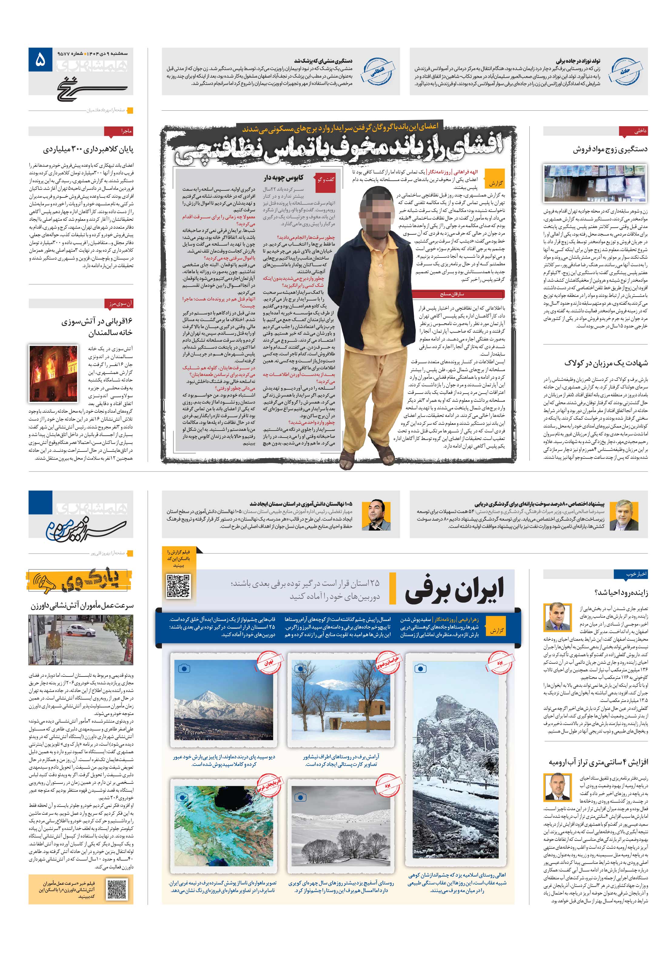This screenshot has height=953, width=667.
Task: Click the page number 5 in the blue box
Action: pos(40,61)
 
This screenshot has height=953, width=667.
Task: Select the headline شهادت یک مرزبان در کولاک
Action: pos(605,363)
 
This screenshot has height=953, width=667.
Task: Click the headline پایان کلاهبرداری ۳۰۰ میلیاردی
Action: pos(88,149)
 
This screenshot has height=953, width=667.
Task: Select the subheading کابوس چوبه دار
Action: pos(283,178)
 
